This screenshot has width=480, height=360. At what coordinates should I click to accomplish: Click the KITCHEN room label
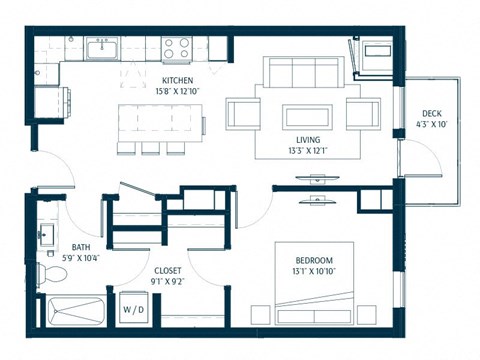pos(177,79)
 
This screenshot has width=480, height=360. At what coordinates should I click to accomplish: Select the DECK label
pos(432,113)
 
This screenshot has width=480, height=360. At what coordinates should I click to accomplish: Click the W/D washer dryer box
pos(133,310)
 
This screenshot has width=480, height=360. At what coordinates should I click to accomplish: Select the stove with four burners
pos(177,47)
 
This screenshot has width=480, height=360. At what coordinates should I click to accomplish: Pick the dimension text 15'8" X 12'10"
pos(177,91)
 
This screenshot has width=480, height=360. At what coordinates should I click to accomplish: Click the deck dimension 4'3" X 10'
pos(432,124)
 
